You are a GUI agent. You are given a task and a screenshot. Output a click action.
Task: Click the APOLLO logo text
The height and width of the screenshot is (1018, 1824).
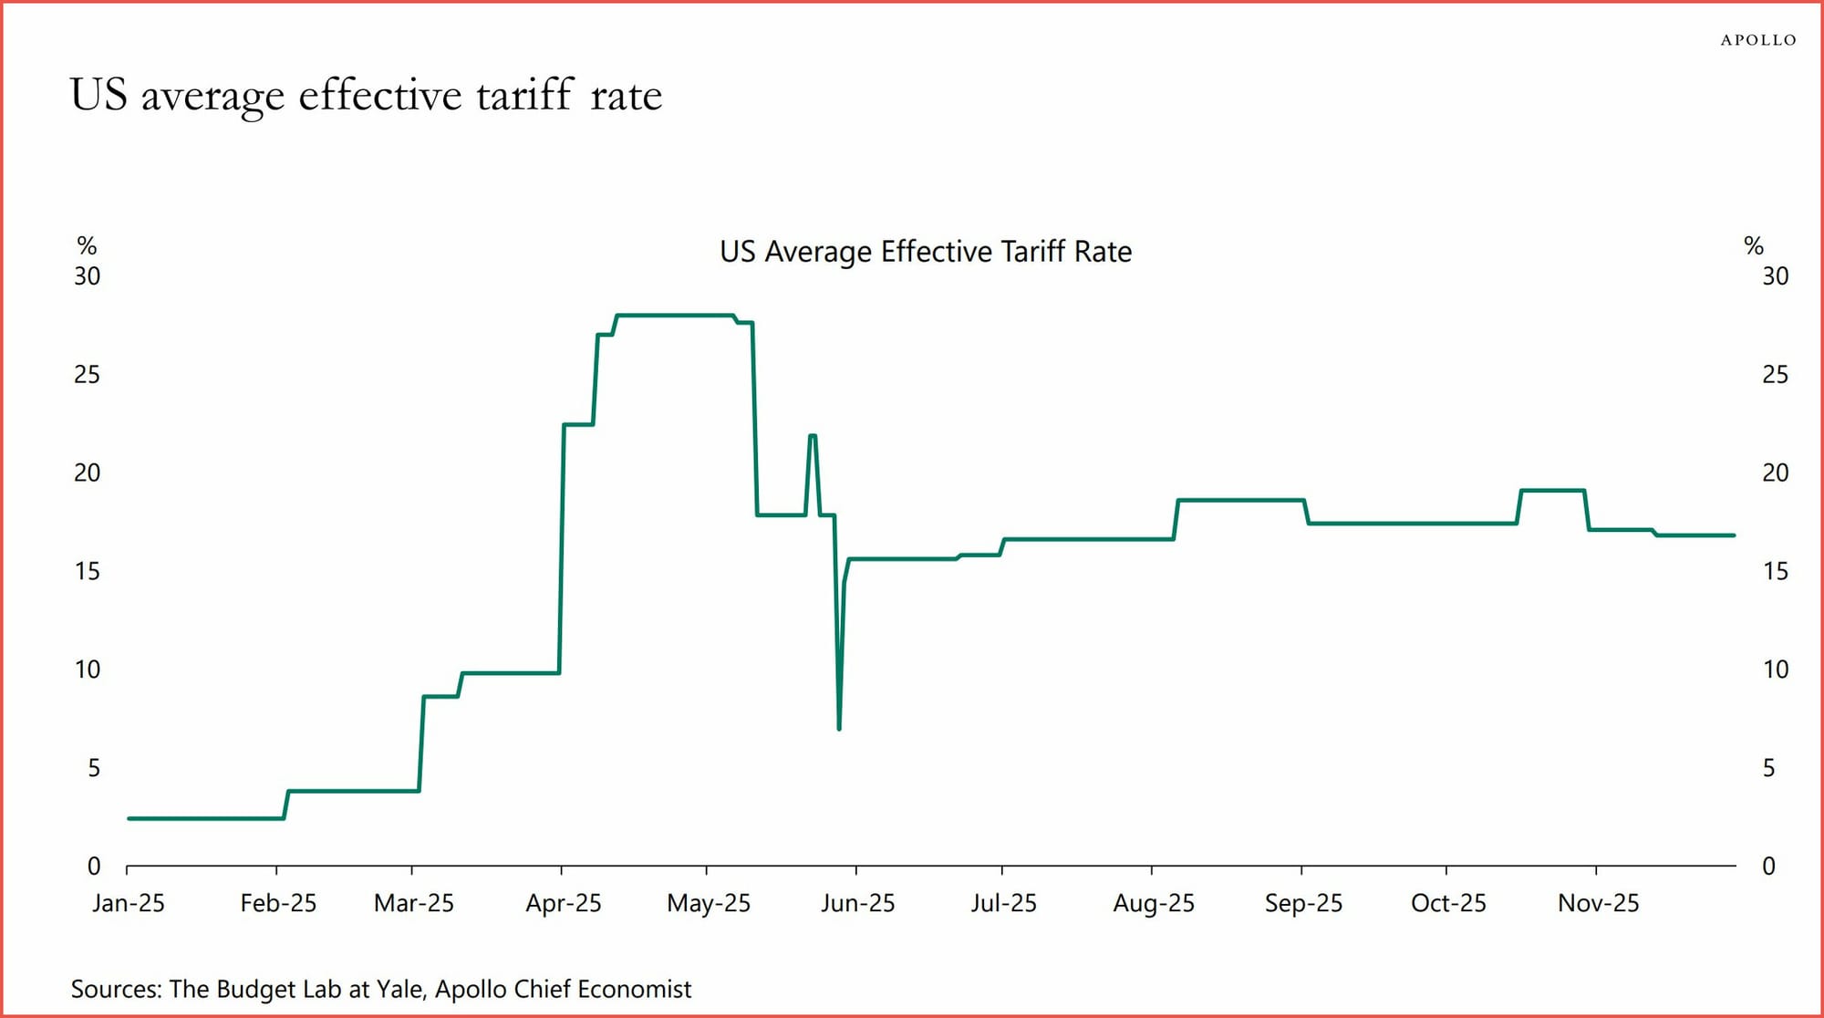[x=1757, y=40]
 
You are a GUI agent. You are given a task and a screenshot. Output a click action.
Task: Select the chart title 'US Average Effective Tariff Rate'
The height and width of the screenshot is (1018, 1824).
[x=925, y=252]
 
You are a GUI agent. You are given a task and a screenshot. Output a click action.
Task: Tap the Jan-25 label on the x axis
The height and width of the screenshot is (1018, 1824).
[x=129, y=903]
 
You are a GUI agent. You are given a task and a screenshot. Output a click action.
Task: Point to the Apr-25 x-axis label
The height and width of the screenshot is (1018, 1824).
[x=563, y=903]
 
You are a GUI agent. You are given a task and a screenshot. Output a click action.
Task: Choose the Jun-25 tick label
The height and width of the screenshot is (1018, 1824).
[x=857, y=903]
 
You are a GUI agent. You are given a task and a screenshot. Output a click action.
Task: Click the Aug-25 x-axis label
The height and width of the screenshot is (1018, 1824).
[x=1153, y=903]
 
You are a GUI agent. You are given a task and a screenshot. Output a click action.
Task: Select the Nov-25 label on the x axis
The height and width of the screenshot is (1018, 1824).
[x=1598, y=903]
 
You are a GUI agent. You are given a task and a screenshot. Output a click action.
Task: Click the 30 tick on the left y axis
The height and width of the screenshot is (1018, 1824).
[x=88, y=276]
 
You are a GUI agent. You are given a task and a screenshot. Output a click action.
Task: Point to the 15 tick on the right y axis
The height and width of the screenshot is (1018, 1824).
[x=1775, y=572]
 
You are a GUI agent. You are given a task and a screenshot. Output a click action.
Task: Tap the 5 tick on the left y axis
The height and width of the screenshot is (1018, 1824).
[x=94, y=768]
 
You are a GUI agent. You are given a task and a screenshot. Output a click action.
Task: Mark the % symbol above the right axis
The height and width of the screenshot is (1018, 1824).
[x=1753, y=245]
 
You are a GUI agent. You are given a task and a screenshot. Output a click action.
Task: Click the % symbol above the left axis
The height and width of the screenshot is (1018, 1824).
[x=87, y=245]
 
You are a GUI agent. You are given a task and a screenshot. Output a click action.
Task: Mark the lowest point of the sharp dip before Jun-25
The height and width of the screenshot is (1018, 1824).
[x=839, y=728]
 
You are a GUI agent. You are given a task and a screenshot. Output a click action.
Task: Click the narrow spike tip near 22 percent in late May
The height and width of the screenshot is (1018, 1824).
[x=813, y=436]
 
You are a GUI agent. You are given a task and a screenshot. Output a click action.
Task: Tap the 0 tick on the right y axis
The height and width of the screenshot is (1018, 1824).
[x=1768, y=867]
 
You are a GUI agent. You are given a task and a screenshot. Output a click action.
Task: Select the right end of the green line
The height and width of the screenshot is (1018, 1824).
[x=1733, y=535]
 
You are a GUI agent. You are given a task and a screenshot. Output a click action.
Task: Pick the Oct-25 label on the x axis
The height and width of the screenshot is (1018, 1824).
[x=1447, y=903]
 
